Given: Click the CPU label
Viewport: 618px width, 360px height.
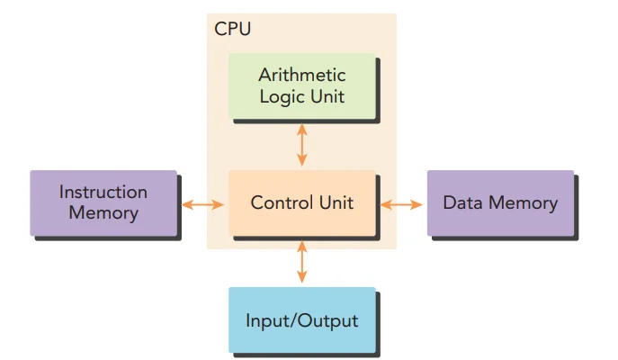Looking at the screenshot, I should (x=232, y=28).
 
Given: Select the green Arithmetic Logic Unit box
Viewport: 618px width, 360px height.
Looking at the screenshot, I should (x=301, y=86).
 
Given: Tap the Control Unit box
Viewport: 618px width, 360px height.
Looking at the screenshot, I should (x=301, y=202).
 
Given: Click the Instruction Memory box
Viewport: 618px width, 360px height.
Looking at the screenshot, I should (x=103, y=202).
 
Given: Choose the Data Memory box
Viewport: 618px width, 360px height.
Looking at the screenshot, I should (x=499, y=202).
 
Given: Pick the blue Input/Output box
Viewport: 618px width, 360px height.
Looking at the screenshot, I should (x=301, y=320).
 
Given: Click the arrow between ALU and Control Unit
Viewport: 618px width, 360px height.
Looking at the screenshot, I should (x=301, y=145).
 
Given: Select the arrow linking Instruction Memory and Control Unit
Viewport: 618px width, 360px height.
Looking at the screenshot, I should (x=202, y=204).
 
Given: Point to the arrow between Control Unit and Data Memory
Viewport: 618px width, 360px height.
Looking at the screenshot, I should (x=400, y=204).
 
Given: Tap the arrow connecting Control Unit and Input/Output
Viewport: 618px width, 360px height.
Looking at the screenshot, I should (x=301, y=262).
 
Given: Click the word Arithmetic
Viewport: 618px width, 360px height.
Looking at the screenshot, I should (x=301, y=75).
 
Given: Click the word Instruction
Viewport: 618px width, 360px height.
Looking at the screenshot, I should (x=103, y=192).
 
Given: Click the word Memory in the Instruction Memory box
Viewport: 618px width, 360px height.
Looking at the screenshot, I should (x=103, y=213).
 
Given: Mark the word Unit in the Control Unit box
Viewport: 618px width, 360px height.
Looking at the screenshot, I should (x=336, y=202).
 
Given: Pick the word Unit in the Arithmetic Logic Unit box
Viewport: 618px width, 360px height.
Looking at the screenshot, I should (x=327, y=96).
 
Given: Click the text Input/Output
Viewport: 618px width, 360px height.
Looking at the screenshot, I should (x=301, y=321).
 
